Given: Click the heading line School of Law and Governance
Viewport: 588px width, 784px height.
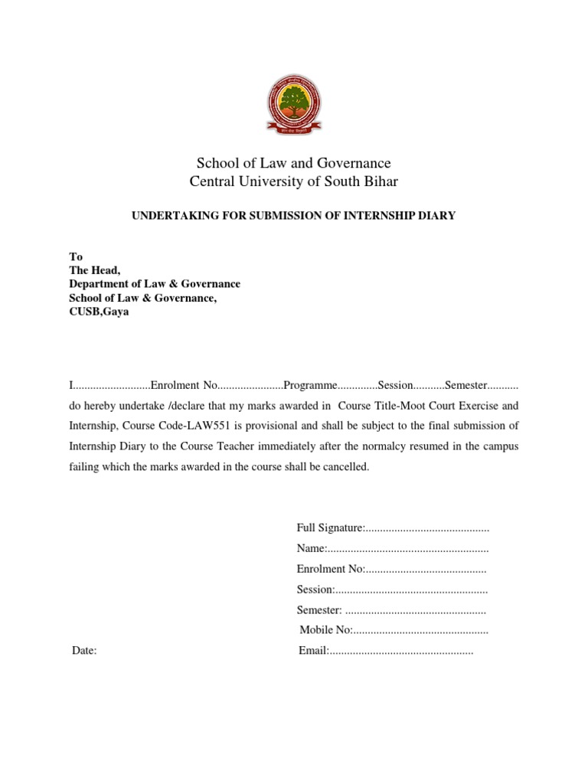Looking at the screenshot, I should pos(294,163).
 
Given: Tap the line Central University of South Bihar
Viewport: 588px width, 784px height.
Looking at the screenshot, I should pos(294,181).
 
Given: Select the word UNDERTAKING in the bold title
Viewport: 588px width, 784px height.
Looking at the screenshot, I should pos(169,217).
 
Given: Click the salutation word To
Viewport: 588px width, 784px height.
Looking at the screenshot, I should pos(76,256).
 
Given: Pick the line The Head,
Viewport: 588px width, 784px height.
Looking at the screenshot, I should pos(95,270).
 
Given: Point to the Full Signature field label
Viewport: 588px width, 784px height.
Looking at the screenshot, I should pos(330,529).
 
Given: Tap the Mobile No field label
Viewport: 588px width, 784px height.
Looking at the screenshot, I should pos(325,630).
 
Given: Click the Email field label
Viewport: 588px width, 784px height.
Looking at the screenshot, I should pos(312,651).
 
